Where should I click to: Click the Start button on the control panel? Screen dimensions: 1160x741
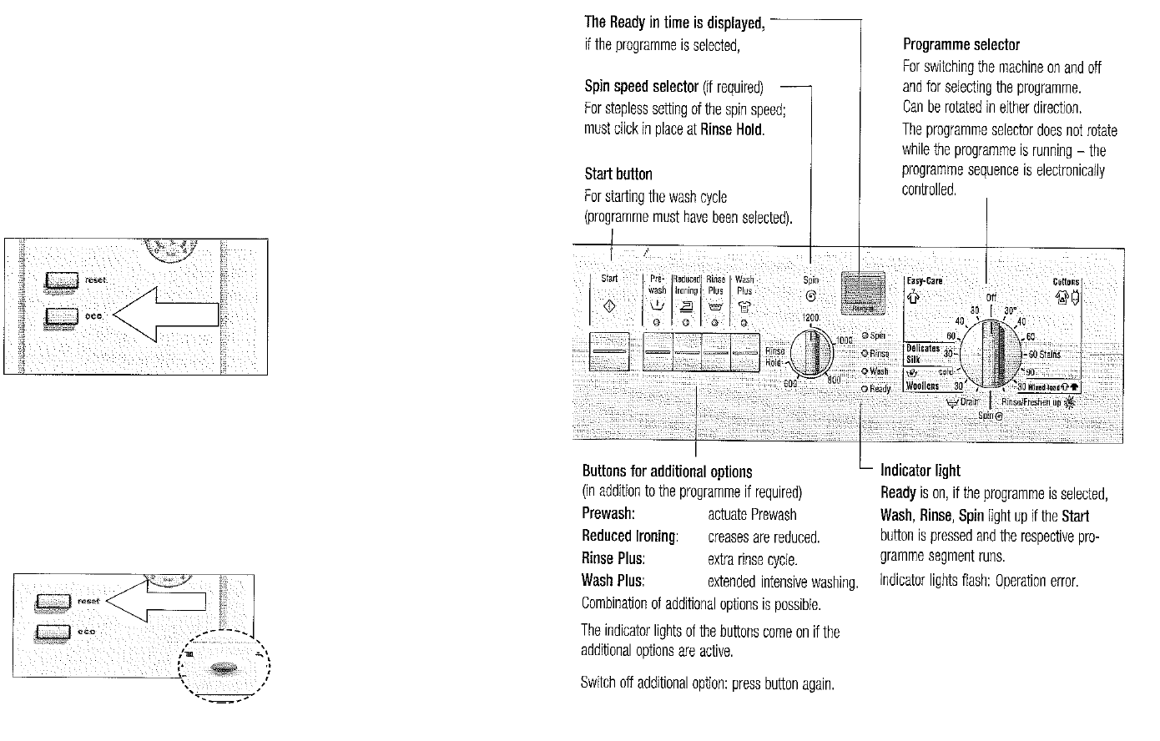(609, 351)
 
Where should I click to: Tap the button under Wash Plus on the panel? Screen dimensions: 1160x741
(744, 352)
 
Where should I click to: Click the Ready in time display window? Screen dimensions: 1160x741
(863, 294)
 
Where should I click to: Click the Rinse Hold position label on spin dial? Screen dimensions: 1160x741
(774, 357)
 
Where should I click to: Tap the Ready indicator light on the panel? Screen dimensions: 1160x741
(867, 390)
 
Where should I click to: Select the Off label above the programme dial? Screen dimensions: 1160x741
(991, 297)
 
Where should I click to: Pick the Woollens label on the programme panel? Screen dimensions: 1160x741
(922, 386)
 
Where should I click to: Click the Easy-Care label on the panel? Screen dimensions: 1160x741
(924, 281)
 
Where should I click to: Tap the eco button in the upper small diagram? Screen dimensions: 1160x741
(62, 315)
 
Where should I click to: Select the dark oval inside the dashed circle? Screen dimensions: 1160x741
(224, 668)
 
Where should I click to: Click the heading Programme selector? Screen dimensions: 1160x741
(961, 44)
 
